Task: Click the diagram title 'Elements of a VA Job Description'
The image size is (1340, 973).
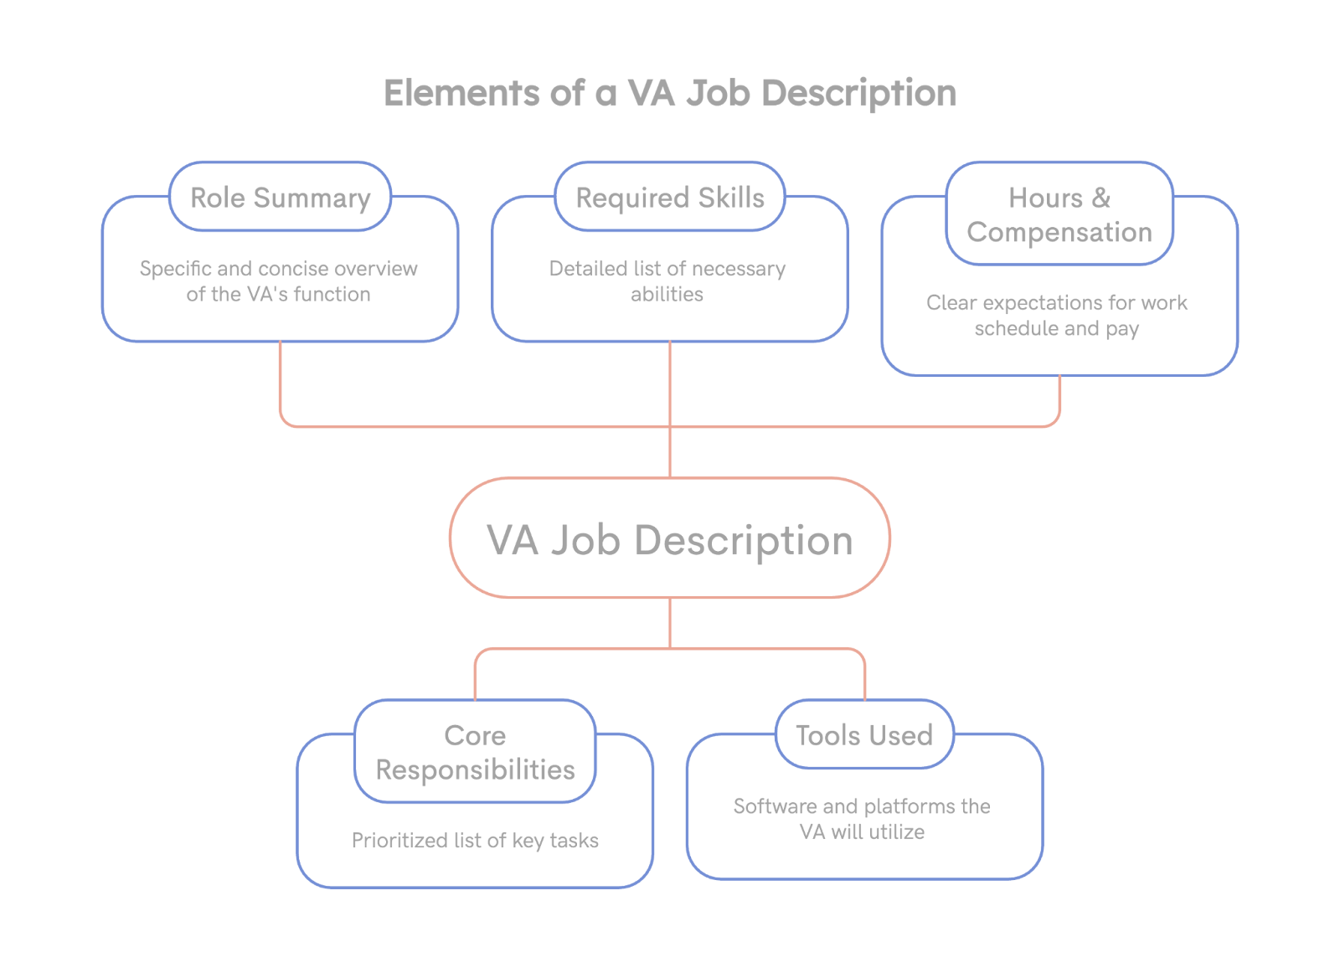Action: pos(670,93)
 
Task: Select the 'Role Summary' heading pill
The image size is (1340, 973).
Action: pos(280,198)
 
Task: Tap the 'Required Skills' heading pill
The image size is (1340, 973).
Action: pos(670,198)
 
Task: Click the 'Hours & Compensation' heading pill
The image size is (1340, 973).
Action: pos(1059,214)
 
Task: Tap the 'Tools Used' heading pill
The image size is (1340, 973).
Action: pos(864,735)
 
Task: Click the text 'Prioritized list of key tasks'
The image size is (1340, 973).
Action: pos(475,840)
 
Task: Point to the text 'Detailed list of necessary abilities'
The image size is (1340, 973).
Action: pos(667,281)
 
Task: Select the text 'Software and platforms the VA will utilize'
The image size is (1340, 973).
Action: pos(862,818)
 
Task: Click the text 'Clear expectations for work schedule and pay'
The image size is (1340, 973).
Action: pos(1057,315)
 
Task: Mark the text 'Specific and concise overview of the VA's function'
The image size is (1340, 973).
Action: pos(279,281)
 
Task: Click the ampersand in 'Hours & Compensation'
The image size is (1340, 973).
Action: pos(1101,198)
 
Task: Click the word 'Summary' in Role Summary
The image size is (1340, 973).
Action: pos(312,198)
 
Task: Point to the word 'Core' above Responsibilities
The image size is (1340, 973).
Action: pos(475,735)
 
